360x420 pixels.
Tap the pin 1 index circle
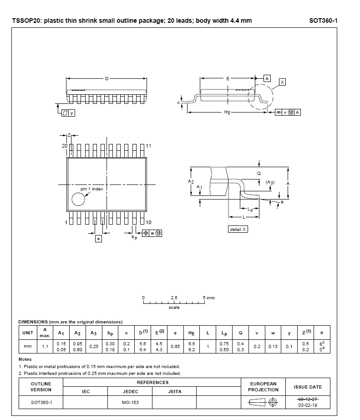tap(78, 200)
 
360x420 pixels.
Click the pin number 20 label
tap(65, 146)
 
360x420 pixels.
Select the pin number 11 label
tap(149, 146)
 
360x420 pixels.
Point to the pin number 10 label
tap(149, 222)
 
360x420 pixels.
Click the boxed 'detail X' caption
tap(238, 229)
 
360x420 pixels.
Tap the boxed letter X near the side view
tap(282, 82)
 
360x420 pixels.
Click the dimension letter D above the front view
tap(107, 79)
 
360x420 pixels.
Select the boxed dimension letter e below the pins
tap(98, 238)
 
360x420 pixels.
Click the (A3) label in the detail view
tap(270, 182)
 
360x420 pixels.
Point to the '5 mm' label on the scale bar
tap(209, 297)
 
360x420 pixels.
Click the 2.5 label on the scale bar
tap(174, 297)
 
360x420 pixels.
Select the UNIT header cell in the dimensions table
tap(28, 333)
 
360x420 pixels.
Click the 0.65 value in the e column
tap(175, 346)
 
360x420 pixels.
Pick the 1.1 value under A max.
tap(45, 346)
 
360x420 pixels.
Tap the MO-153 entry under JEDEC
tap(130, 403)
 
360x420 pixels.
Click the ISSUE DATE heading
tap(308, 387)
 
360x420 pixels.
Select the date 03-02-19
tap(308, 405)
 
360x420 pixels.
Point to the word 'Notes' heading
tap(25, 359)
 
